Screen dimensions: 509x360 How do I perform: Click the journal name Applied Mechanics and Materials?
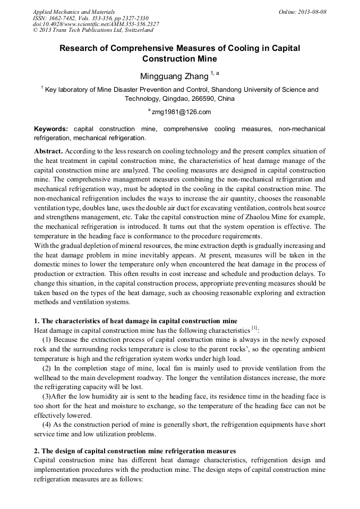point(74,12)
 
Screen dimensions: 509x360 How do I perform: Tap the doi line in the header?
point(96,24)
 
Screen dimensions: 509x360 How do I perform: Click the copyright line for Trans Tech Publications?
point(93,30)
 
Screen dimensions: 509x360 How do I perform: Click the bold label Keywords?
point(51,129)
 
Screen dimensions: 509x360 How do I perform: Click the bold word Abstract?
point(48,151)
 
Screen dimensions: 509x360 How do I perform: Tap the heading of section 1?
point(135,321)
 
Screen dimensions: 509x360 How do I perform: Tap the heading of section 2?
point(134,451)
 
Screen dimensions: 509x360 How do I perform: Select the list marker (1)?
point(47,340)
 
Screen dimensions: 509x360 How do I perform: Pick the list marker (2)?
point(47,368)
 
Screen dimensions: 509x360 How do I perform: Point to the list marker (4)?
point(47,425)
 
